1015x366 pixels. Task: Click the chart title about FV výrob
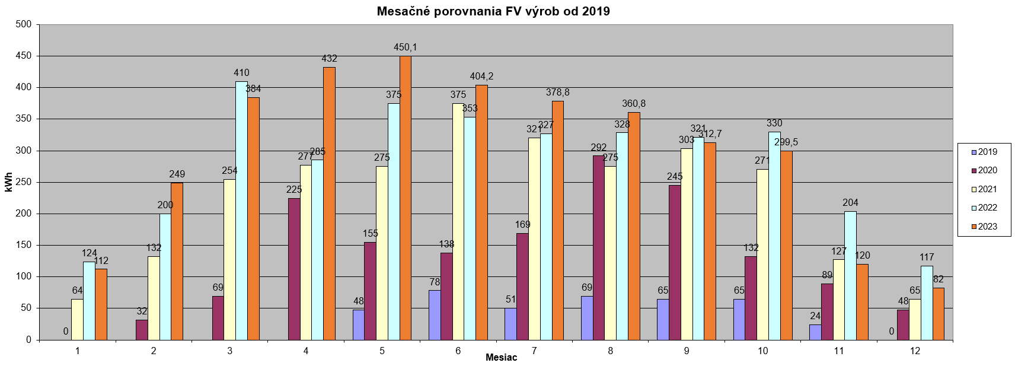[493, 11]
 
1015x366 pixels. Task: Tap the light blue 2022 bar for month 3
[241, 211]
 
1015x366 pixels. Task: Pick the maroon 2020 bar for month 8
[599, 247]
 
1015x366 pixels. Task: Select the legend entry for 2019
[984, 152]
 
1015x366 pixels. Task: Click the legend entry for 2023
[984, 227]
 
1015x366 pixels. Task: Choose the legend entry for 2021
[984, 189]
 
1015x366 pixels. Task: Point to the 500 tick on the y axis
[24, 24]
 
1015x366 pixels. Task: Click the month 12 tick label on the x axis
[915, 351]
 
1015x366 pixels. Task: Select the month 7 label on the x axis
[534, 351]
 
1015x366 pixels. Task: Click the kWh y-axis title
[9, 182]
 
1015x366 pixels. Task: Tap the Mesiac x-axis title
[501, 358]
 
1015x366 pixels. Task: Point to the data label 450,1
[406, 47]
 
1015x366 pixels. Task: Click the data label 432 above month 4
[329, 59]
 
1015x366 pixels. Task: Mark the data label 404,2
[481, 77]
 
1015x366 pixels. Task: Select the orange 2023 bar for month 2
[177, 261]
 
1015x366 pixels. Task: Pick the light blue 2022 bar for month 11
[850, 275]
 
